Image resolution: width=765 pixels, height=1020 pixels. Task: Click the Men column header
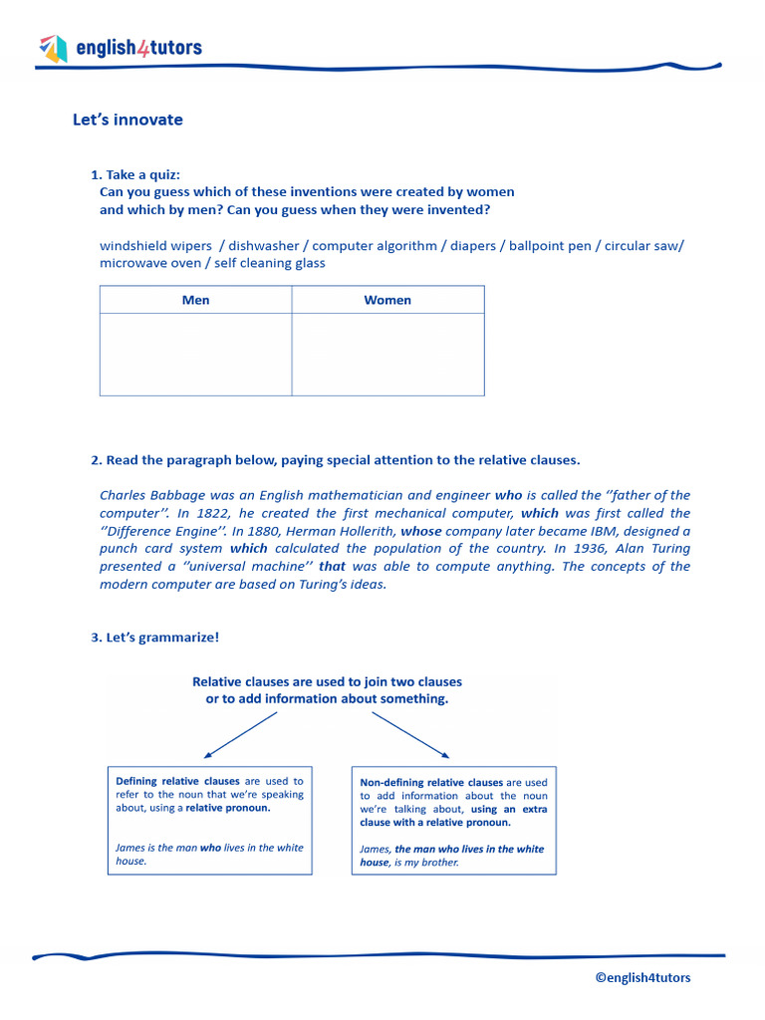point(195,300)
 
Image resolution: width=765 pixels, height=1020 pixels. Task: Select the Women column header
point(387,300)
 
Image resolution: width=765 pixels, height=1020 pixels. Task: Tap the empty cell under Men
point(195,355)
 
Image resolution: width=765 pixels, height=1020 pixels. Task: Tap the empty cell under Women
point(387,355)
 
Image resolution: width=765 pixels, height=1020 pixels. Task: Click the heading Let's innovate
point(127,120)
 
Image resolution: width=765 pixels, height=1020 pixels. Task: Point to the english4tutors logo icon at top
point(53,47)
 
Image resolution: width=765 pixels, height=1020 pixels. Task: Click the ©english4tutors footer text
point(642,977)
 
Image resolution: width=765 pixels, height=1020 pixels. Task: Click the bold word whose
point(420,531)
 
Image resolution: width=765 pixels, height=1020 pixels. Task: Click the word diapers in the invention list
point(472,246)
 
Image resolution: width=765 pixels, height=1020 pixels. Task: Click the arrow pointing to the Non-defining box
point(410,735)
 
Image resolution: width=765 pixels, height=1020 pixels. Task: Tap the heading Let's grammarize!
point(154,637)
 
